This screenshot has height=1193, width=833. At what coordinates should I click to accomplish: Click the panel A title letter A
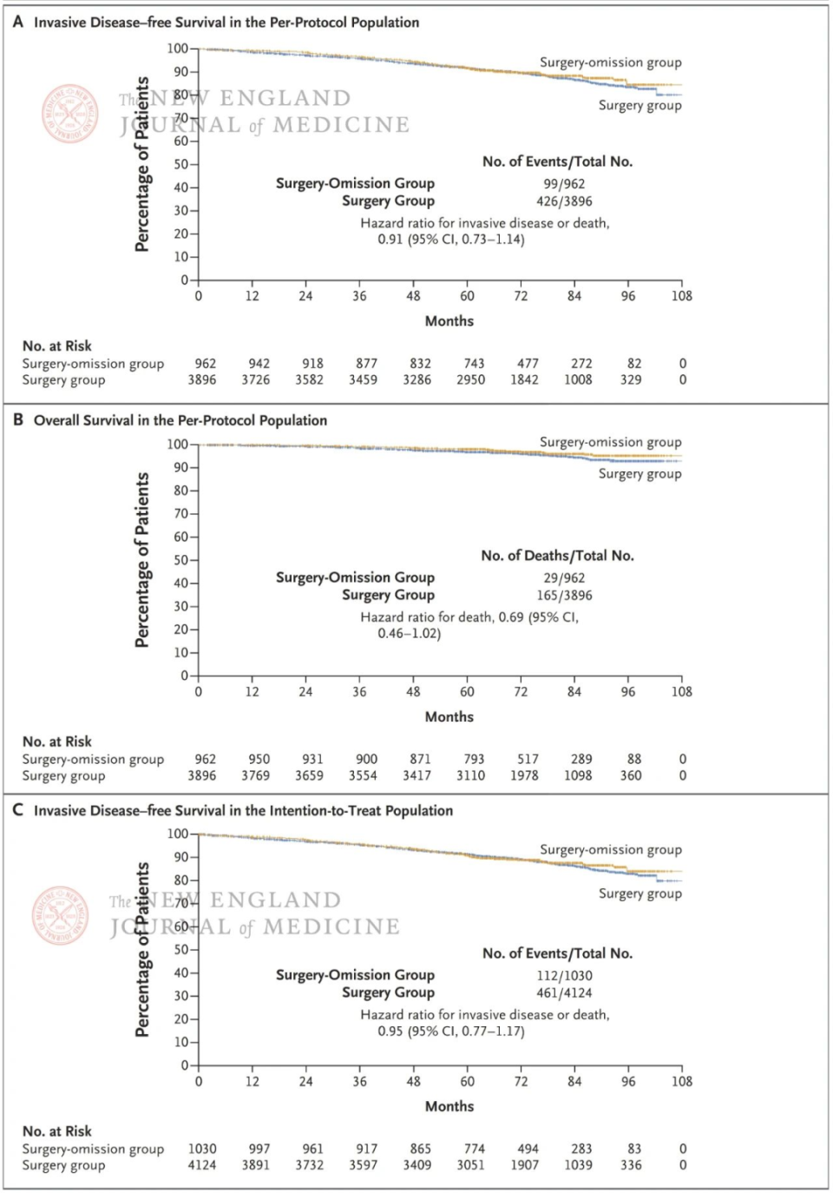pos(18,22)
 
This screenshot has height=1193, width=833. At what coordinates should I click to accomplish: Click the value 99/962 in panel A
pos(564,184)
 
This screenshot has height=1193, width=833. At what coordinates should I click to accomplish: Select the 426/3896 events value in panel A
pos(564,201)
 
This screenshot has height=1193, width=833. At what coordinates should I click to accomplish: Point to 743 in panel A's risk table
pos(474,364)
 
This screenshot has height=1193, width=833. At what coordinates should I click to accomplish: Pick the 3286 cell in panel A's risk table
pos(416,379)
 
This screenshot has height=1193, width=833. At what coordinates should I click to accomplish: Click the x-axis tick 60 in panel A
pos(467,296)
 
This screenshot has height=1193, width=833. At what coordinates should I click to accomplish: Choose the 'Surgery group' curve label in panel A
pos(640,105)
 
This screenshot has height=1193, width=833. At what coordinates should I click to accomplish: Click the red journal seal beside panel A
pos(70,114)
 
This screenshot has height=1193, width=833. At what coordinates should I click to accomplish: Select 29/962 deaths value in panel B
pos(564,578)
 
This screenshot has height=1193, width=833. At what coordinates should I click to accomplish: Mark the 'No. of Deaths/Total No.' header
pos(557,556)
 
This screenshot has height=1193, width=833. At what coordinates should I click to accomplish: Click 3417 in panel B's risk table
pos(416,775)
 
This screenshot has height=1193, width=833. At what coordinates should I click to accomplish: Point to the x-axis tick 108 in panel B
pos(682,692)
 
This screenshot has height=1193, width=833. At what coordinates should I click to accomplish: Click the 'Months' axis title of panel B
pos(449,716)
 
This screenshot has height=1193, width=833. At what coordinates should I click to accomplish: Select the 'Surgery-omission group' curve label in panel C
pos(611,849)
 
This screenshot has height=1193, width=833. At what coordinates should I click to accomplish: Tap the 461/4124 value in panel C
pos(564,993)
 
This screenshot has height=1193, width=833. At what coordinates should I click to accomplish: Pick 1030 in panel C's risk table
pos(202,1149)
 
